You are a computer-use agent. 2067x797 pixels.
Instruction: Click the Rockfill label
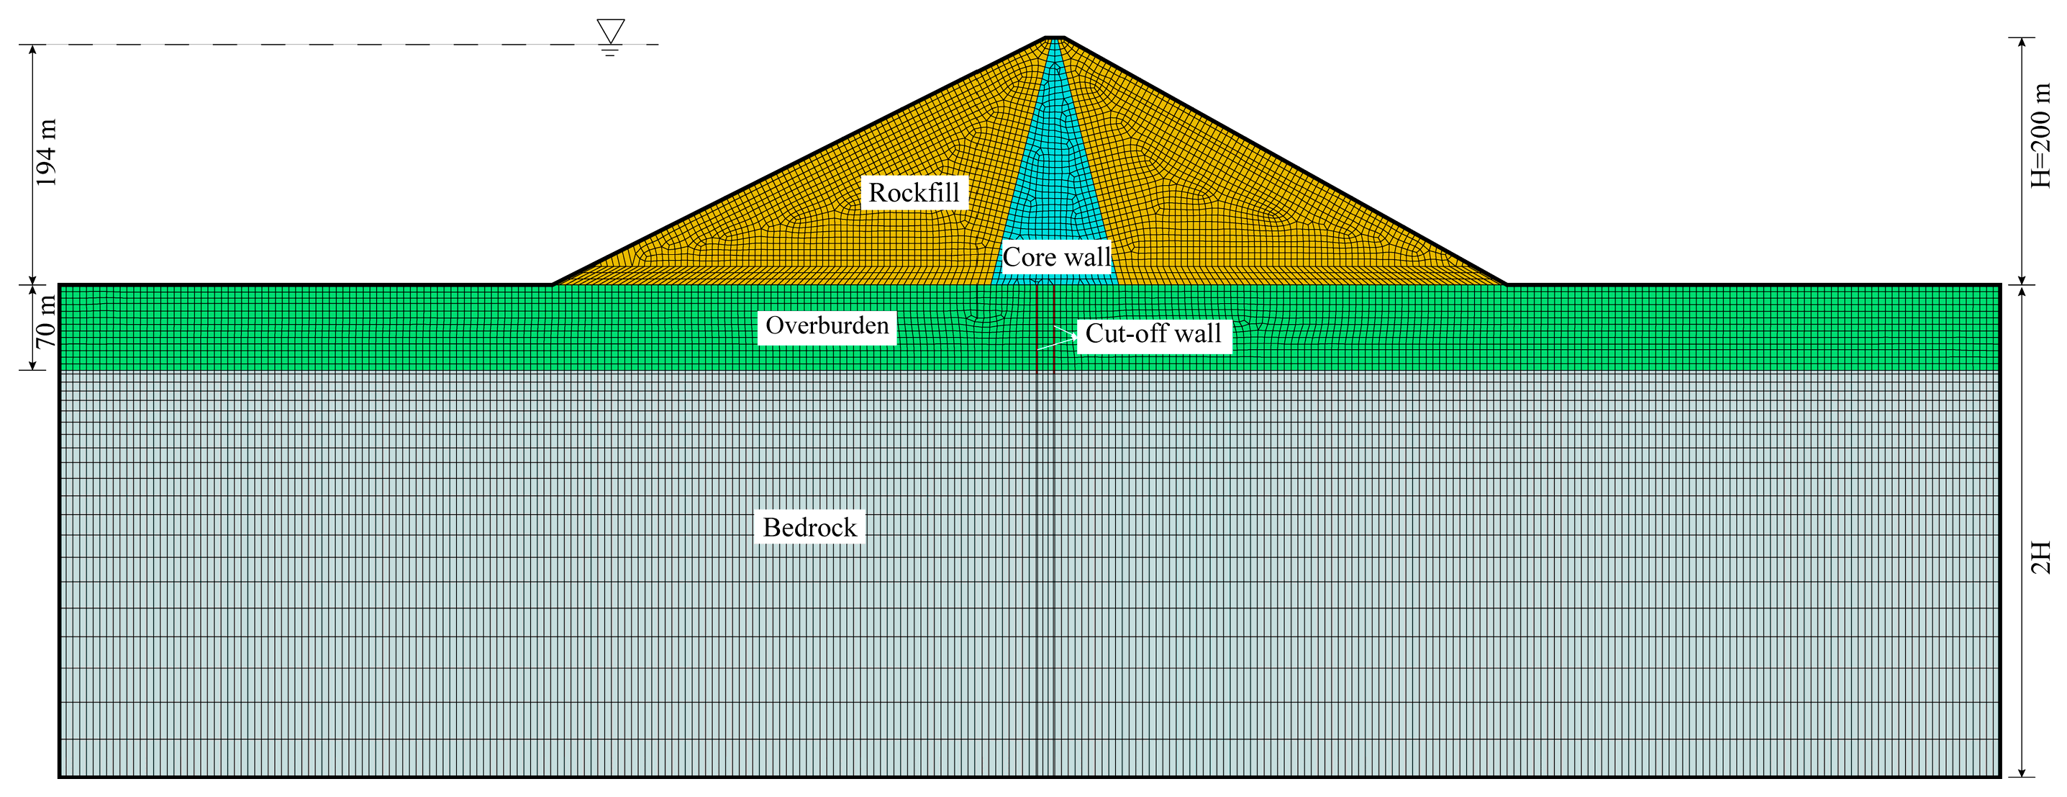click(914, 193)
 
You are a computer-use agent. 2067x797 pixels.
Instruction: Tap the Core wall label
click(1056, 257)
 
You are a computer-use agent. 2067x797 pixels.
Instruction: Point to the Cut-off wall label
click(1153, 333)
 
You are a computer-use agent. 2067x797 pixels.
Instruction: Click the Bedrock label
click(809, 527)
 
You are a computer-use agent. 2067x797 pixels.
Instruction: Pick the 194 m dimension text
click(47, 153)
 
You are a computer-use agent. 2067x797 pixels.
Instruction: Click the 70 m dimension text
click(47, 321)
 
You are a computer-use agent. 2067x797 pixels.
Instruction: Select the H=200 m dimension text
click(2040, 137)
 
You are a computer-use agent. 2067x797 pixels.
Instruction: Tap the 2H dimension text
click(2040, 557)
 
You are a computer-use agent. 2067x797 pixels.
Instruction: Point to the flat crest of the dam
click(1054, 37)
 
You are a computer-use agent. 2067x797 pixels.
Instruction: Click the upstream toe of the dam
click(553, 284)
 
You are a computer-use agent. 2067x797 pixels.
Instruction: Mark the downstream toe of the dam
click(1506, 284)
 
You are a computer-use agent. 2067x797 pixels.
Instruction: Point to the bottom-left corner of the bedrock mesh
click(60, 776)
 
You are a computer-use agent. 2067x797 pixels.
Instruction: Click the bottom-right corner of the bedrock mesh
click(1999, 776)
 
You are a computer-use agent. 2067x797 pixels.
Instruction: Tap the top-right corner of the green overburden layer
click(1999, 285)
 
